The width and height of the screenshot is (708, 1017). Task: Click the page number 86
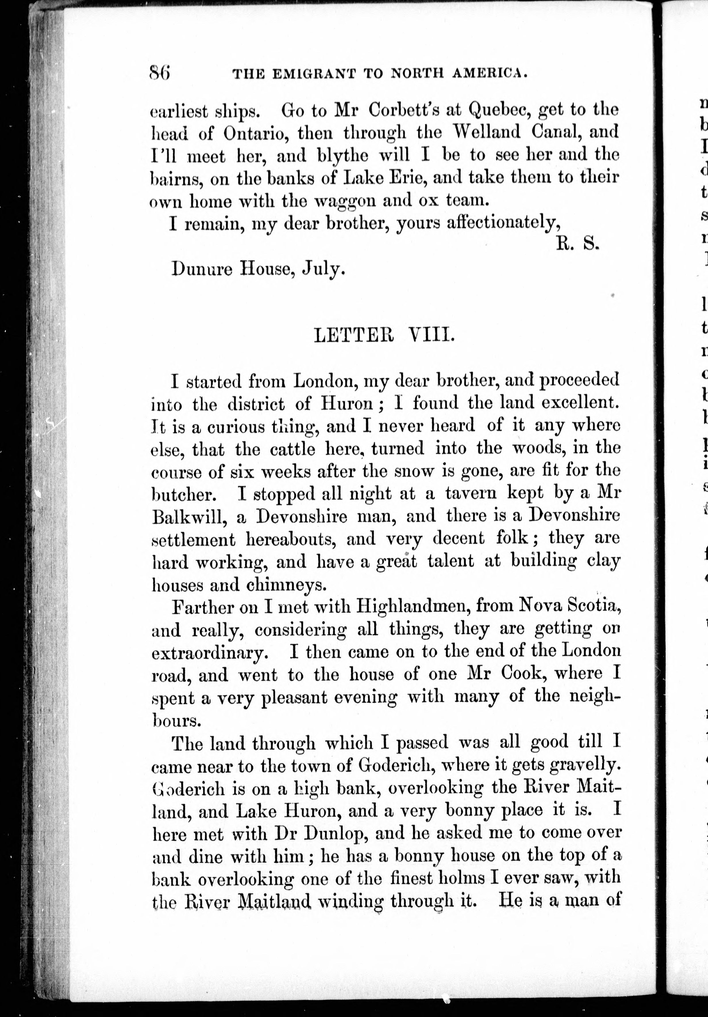[160, 72]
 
